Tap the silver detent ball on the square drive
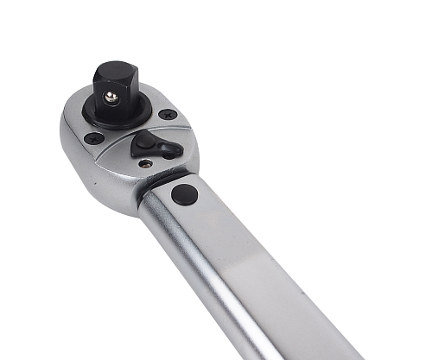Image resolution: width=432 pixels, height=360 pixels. point(111,98)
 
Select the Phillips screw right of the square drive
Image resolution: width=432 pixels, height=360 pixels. point(168,114)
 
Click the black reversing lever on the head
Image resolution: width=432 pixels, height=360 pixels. point(156,146)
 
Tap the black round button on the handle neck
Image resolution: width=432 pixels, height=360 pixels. point(184,193)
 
